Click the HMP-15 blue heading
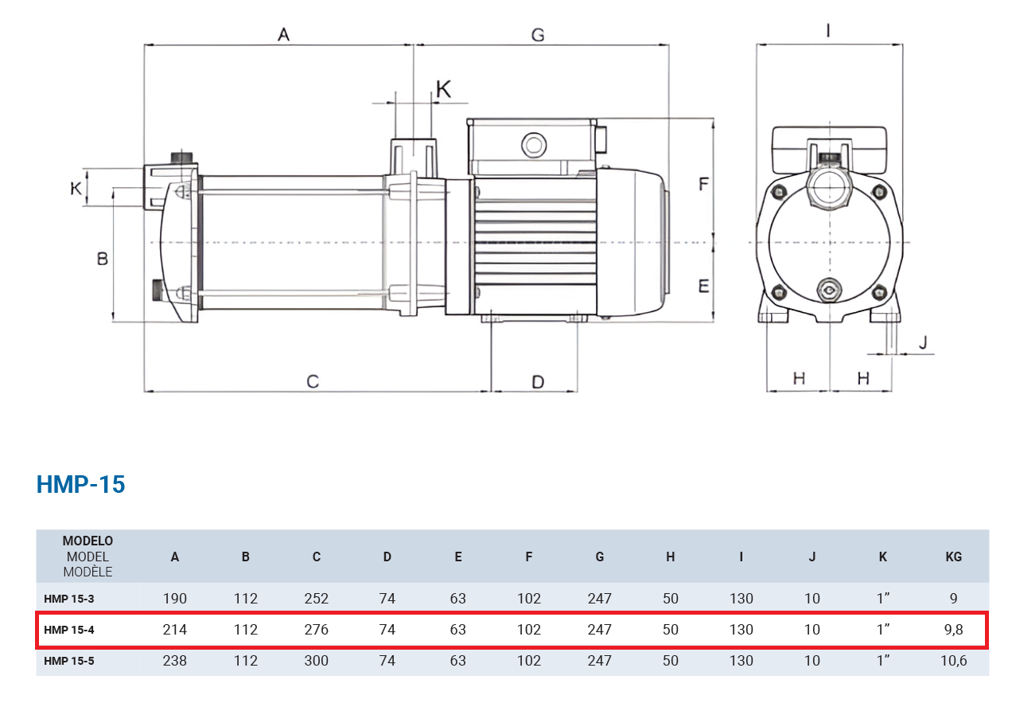[81, 484]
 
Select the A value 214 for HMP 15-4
[175, 629]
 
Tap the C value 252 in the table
[317, 598]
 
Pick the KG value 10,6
[953, 661]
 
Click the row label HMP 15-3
[69, 599]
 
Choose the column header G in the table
[600, 557]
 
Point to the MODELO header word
[88, 541]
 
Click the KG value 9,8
[953, 629]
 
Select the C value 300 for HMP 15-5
[317, 661]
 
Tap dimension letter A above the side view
[283, 34]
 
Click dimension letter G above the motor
[538, 35]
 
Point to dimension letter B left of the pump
[103, 259]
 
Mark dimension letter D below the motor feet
[538, 382]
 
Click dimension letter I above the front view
[827, 30]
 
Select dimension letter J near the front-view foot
[923, 342]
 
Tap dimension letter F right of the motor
[703, 184]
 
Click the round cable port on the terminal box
[534, 145]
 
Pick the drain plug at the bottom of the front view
[829, 290]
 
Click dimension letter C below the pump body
[313, 381]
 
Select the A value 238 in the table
[175, 661]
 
